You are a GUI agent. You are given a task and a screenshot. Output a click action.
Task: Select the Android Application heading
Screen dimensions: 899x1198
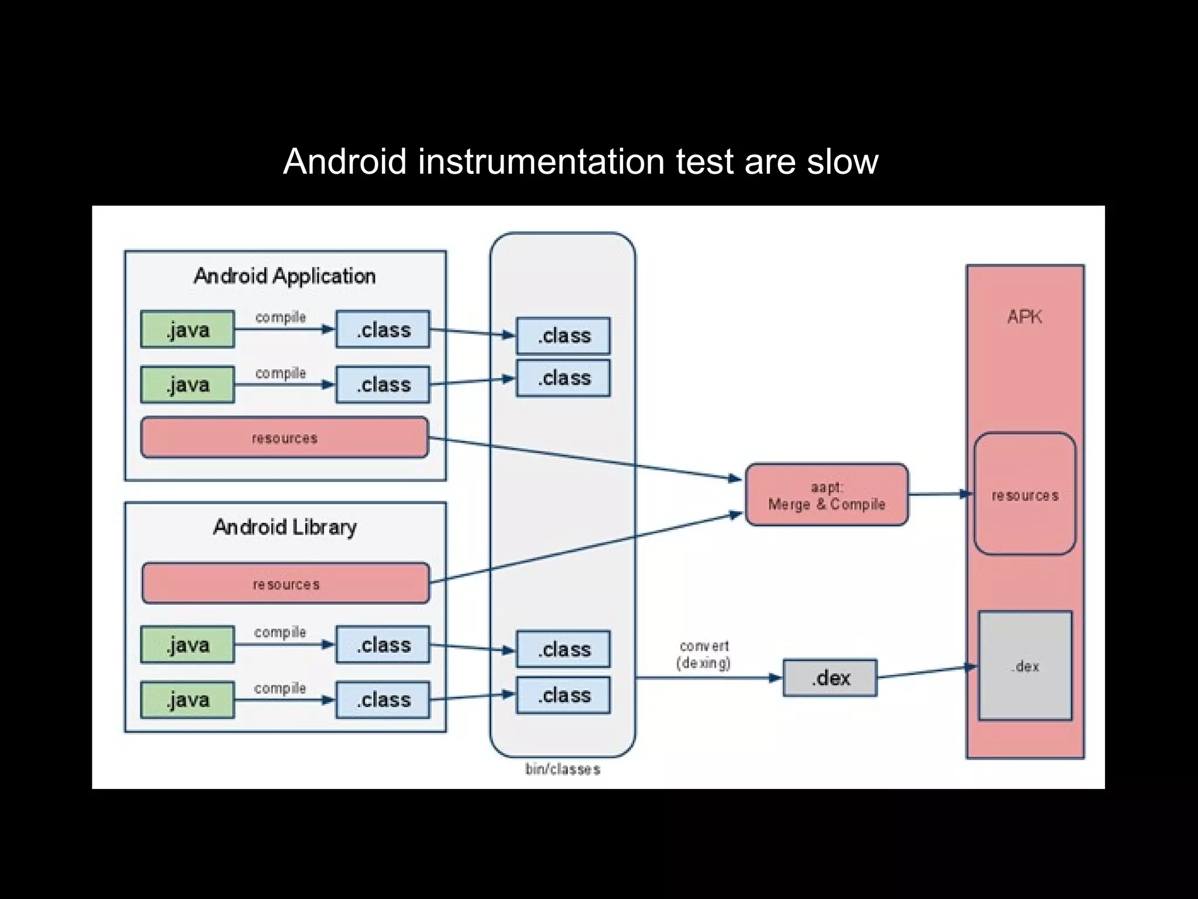284,276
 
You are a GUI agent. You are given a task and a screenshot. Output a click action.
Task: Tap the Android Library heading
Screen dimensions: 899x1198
284,528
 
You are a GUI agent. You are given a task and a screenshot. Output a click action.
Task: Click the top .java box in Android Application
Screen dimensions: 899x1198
188,329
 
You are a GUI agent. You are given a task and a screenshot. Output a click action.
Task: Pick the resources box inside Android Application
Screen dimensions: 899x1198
284,438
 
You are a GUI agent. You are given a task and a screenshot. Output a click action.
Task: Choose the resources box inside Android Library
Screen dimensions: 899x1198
285,584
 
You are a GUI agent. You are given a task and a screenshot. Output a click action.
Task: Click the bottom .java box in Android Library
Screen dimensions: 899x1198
188,700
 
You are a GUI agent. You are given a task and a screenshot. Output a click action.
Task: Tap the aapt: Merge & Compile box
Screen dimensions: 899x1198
827,495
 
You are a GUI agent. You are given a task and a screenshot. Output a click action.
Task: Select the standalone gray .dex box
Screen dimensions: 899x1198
830,678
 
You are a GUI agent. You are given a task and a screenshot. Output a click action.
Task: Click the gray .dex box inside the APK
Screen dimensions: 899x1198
1025,666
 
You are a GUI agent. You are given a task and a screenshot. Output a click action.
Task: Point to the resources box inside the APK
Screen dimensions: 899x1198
1025,494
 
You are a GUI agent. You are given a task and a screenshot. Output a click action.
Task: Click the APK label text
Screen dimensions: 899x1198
1025,317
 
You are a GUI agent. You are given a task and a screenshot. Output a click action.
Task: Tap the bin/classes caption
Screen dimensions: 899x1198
563,769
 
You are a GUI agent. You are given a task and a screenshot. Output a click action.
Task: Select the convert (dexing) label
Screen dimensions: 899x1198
704,655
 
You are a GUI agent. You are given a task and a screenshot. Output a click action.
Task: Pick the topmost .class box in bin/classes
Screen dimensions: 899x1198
563,336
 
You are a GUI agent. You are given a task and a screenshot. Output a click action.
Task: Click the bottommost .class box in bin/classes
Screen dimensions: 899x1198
563,695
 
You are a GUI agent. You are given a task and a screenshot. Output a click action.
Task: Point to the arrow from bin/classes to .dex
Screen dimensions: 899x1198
708,678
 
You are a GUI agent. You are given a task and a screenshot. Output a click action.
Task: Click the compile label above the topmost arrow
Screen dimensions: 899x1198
281,318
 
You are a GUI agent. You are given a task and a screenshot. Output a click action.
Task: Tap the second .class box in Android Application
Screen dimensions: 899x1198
383,385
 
